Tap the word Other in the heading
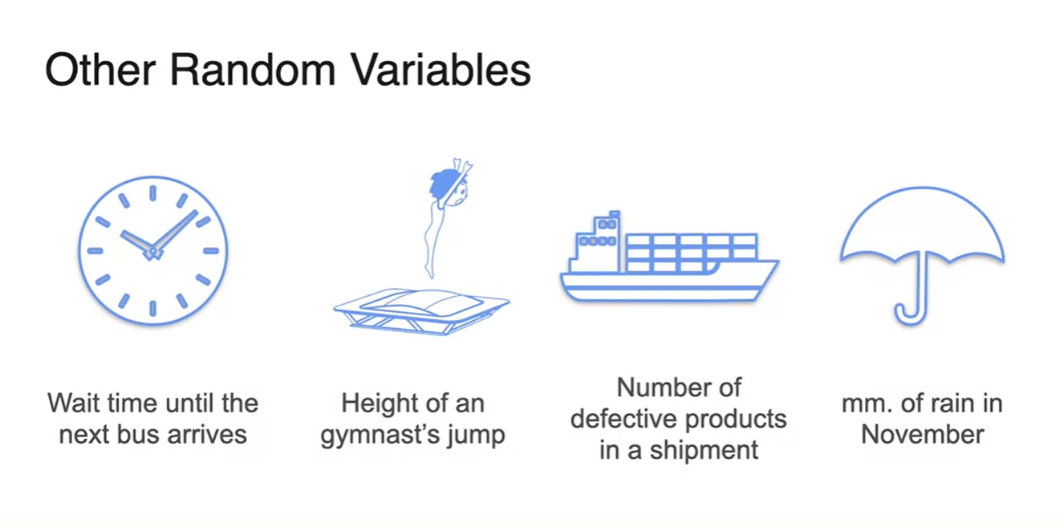[x=99, y=70]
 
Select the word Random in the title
[x=253, y=70]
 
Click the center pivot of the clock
[x=153, y=251]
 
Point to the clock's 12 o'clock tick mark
[x=153, y=193]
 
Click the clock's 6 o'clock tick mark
[x=153, y=309]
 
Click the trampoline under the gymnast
[x=422, y=311]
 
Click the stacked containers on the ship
[x=691, y=253]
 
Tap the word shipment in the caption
[x=704, y=451]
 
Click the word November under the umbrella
[x=923, y=435]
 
